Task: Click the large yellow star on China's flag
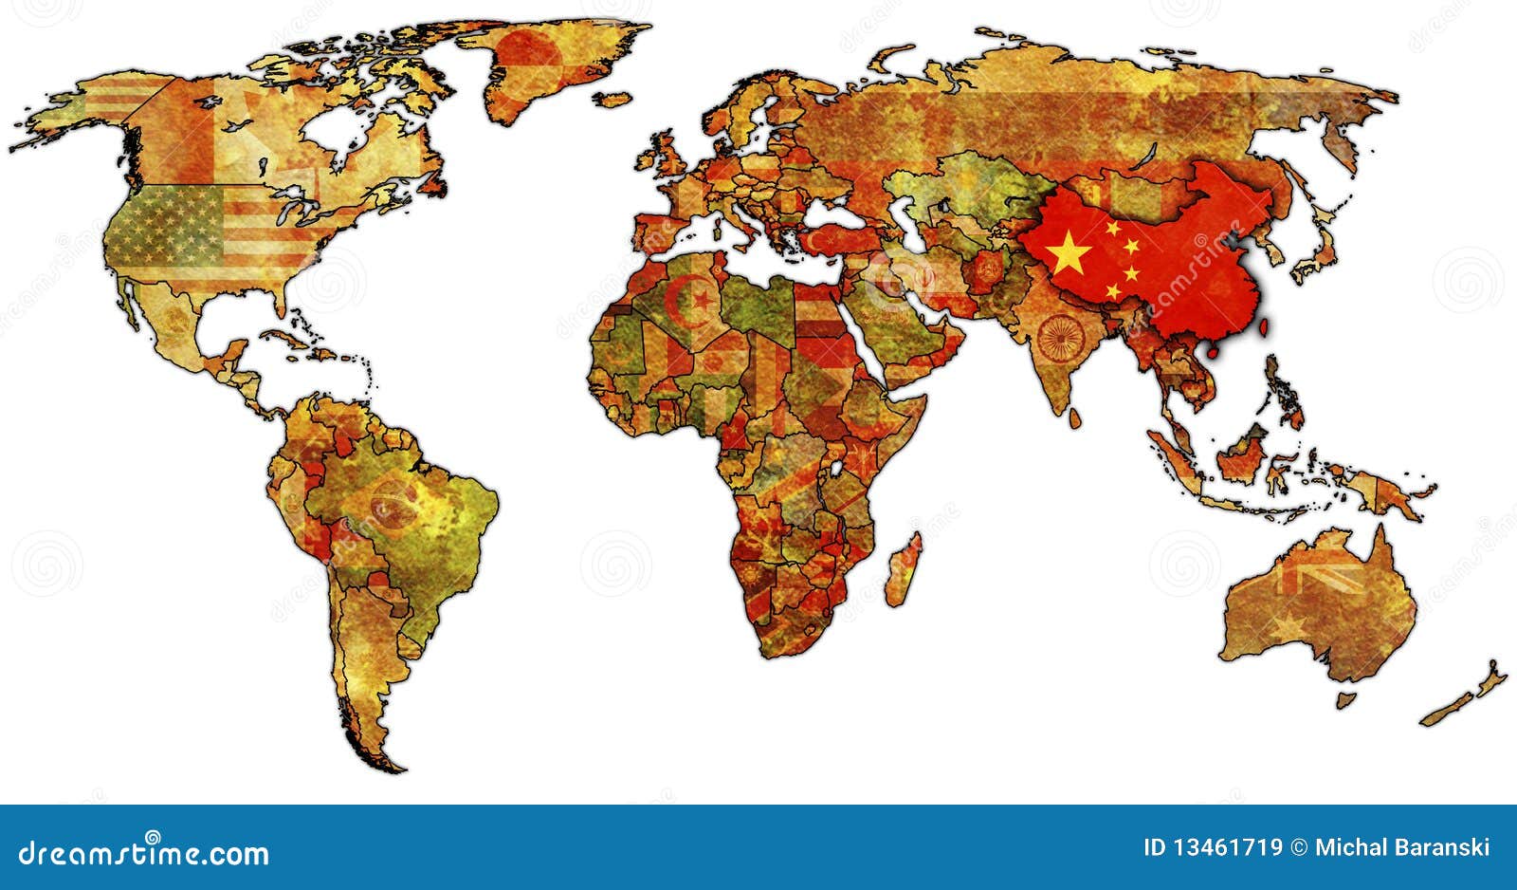pos(1069,251)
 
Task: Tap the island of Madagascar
pos(903,569)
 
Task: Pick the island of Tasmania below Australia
pos(1345,700)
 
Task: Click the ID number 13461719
pos(1213,847)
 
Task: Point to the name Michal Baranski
pos(1402,847)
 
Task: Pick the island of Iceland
pos(613,98)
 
